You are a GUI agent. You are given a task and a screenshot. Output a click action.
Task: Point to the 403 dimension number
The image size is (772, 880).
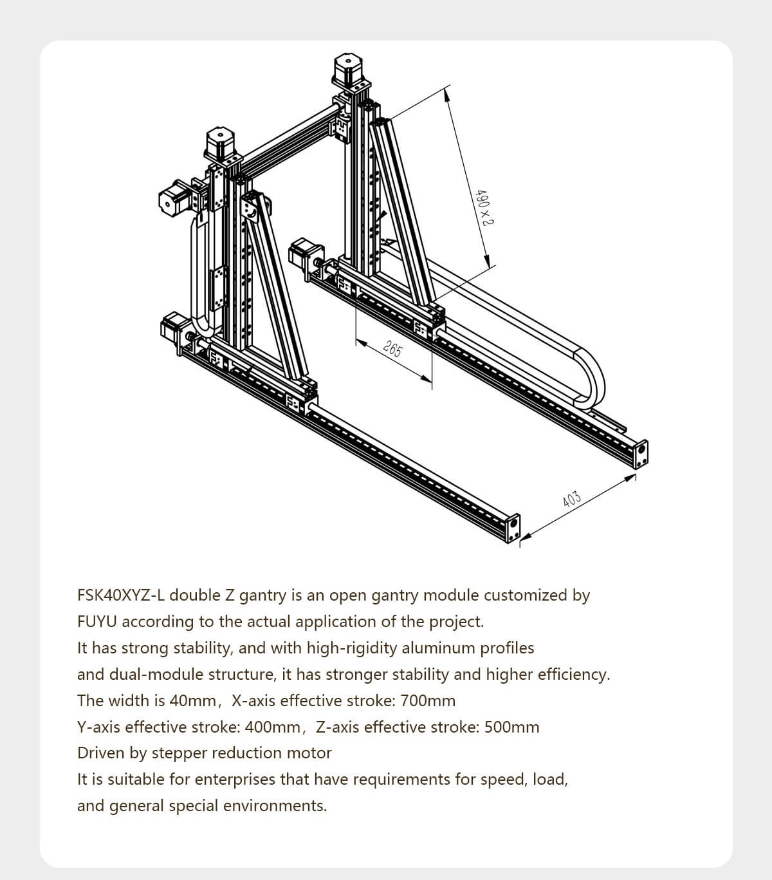(x=571, y=499)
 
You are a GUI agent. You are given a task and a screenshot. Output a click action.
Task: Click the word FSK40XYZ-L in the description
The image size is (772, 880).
(x=121, y=595)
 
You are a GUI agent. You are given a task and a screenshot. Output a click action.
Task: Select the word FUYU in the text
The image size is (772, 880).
(x=97, y=622)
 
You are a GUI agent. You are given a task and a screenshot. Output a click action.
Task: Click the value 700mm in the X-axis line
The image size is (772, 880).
(x=428, y=700)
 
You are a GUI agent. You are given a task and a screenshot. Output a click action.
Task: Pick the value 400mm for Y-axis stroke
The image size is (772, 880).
(x=273, y=727)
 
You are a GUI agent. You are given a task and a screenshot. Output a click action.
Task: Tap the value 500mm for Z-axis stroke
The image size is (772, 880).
(x=511, y=727)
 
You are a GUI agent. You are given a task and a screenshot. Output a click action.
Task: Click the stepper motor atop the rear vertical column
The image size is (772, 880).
(x=348, y=68)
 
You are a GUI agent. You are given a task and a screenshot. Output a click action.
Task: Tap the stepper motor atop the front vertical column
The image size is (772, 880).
(x=220, y=144)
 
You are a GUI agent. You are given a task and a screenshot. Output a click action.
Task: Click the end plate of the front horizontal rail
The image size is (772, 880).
(x=513, y=528)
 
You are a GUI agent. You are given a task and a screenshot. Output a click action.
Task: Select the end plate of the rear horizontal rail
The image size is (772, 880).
(x=641, y=454)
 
